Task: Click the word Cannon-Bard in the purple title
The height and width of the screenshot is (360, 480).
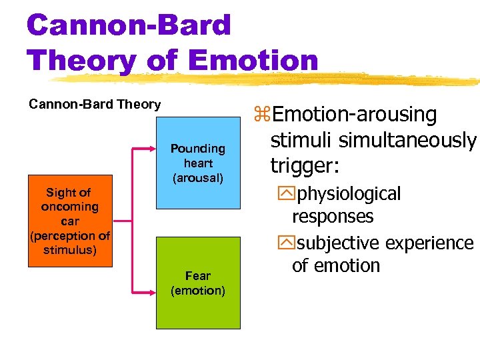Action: coord(129,25)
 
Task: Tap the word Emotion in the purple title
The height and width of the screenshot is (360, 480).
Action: coord(253,61)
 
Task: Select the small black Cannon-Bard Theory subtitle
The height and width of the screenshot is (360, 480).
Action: coord(94,105)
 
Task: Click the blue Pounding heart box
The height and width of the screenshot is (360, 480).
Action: coord(198,163)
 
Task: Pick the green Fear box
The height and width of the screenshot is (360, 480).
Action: coord(198,283)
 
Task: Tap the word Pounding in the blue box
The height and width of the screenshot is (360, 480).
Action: coord(198,149)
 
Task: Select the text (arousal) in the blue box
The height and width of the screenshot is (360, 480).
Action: coord(198,178)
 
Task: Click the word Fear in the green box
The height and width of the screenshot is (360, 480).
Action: coord(198,275)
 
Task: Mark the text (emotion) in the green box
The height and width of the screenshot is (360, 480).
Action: coord(198,291)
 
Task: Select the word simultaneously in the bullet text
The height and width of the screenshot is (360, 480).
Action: coord(407,140)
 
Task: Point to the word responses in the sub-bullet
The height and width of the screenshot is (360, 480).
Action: coord(333,217)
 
